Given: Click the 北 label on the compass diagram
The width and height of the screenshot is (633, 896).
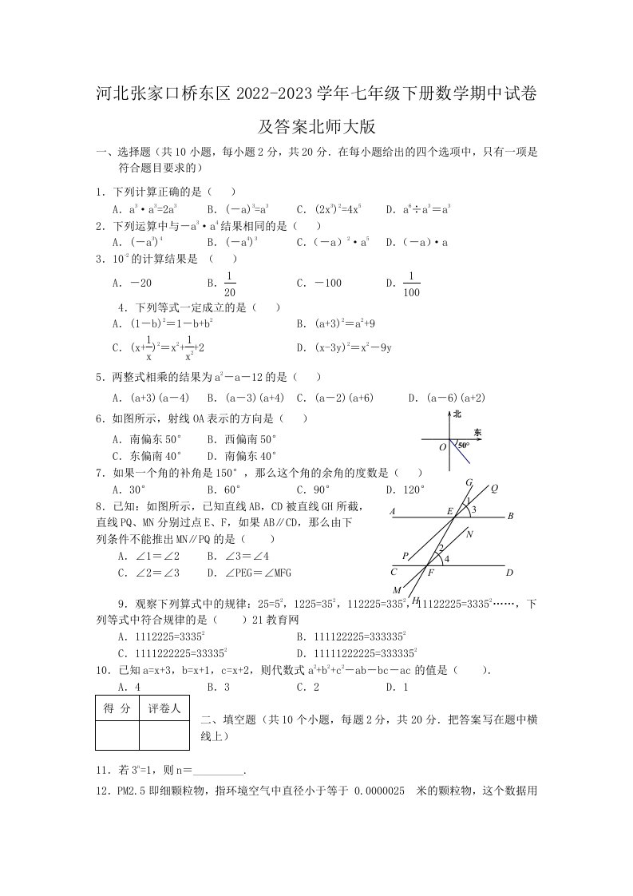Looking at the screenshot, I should click(x=457, y=414).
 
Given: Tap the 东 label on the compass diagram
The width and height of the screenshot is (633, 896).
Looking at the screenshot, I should click(x=477, y=431).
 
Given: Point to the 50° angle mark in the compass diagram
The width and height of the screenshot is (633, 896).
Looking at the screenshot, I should click(x=462, y=445).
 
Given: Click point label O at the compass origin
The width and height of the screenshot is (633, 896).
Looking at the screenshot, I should click(x=442, y=447).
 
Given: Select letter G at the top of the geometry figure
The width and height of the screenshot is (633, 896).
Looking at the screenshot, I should click(x=469, y=482).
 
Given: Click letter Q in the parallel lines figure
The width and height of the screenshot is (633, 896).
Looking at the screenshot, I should click(x=494, y=488).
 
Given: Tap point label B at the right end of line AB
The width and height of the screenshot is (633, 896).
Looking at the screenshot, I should click(x=510, y=516).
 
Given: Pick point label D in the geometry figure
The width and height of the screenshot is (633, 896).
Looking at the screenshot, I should click(x=508, y=572).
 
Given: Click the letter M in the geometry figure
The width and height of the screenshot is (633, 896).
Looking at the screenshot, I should click(x=397, y=590).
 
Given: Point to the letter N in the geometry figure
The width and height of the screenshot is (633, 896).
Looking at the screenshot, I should click(x=469, y=534).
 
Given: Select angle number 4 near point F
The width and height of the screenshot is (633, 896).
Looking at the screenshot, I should click(x=446, y=559).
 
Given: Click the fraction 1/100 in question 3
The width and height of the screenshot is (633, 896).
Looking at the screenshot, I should click(x=411, y=284).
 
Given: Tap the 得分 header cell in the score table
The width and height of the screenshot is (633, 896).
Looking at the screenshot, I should click(x=117, y=708).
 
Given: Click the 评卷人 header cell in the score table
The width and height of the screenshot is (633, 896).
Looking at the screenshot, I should click(x=165, y=708).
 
